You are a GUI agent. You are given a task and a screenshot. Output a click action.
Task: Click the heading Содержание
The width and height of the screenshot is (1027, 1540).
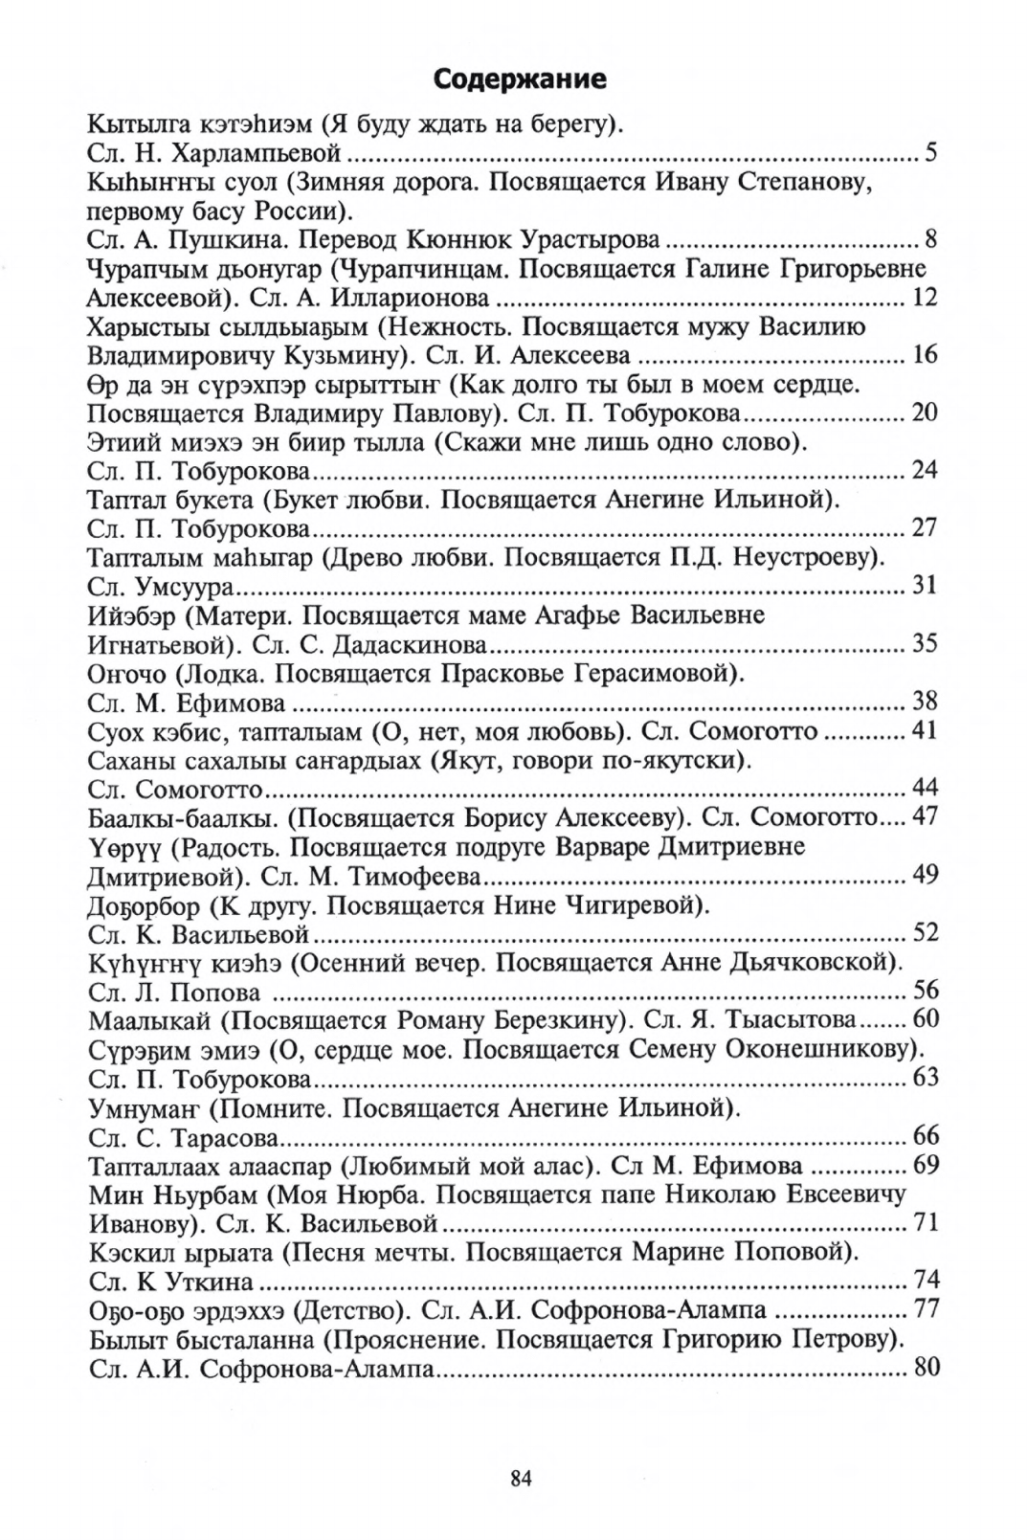(x=520, y=78)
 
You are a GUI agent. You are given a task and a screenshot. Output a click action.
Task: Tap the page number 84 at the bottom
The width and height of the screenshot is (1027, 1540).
(x=521, y=1478)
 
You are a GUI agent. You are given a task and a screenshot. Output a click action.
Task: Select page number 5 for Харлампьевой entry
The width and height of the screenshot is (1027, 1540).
(x=930, y=152)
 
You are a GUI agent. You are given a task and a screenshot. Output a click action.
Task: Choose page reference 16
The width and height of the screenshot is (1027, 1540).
(x=926, y=354)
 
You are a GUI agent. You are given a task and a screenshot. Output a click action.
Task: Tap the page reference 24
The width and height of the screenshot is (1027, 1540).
(x=926, y=470)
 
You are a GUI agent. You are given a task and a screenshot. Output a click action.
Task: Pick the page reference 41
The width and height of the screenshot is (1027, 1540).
(x=926, y=731)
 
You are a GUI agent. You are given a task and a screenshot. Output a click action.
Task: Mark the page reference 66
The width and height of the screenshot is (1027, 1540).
(x=926, y=1136)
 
